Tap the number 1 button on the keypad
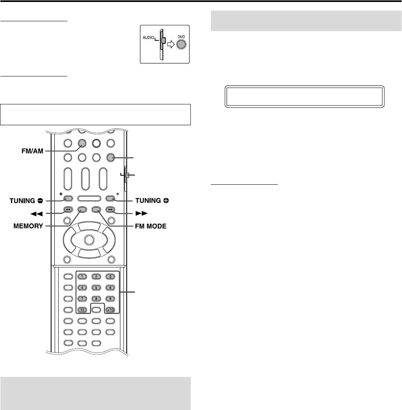(x=82, y=276)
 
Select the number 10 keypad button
(x=82, y=310)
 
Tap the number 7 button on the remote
(x=82, y=299)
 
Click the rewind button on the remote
(x=68, y=210)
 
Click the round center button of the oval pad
(x=89, y=239)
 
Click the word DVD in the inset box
(x=181, y=35)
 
